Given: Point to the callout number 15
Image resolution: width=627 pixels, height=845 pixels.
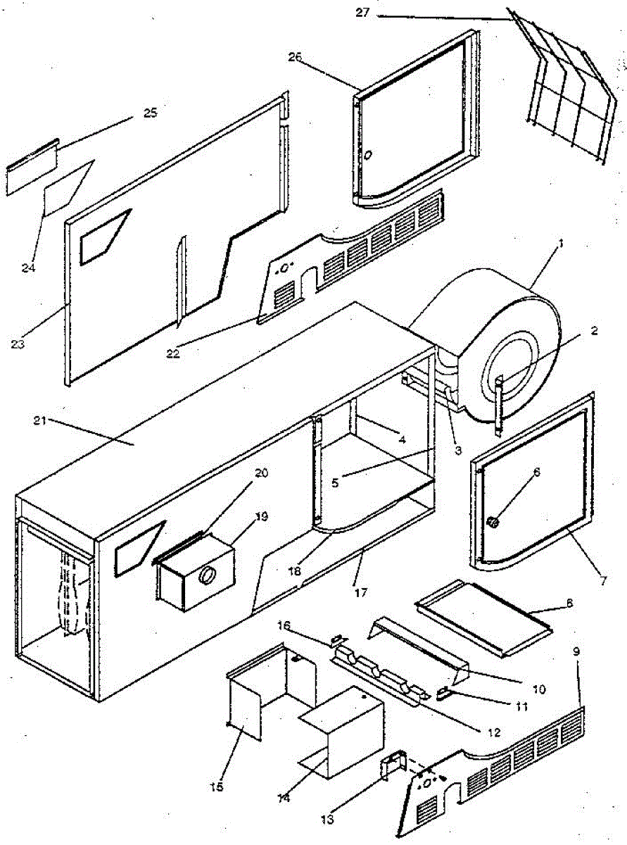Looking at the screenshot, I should (217, 787).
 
